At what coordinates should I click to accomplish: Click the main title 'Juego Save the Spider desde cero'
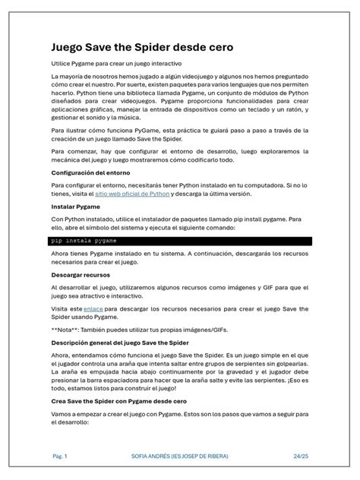pos(142,47)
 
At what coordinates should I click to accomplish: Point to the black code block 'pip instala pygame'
pos(180,240)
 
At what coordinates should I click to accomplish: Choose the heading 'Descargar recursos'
pos(83,274)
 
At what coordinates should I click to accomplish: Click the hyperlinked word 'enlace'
pos(93,309)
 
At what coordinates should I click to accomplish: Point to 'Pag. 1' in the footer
pos(60,456)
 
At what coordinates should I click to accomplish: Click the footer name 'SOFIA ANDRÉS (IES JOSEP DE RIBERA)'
pos(179,456)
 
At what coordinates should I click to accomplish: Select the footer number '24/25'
pos(301,456)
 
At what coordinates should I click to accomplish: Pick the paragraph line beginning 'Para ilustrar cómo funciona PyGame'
pos(180,130)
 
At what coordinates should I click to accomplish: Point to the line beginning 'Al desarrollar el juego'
pos(180,288)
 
